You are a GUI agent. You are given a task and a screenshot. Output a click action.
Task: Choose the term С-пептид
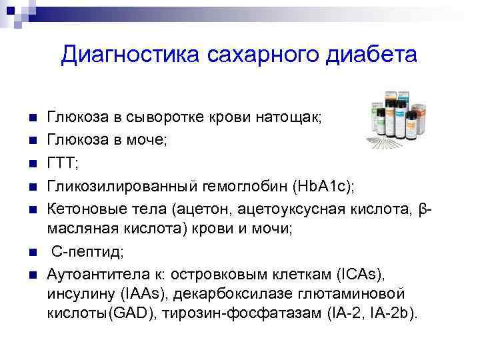click(x=84, y=252)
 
